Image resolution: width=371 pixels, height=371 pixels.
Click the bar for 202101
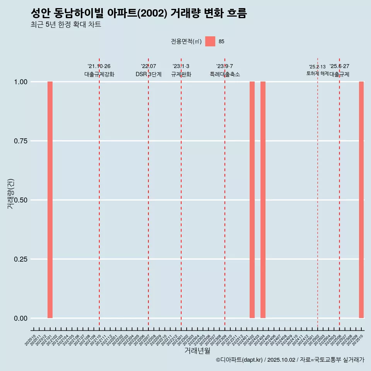point(50,200)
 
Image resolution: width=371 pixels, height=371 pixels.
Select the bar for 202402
point(252,200)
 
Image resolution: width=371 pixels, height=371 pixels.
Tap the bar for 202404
point(263,200)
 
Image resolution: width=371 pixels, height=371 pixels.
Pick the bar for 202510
point(361,200)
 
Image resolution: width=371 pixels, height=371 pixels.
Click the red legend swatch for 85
point(210,41)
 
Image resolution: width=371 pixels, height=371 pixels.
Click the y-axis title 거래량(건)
point(10,194)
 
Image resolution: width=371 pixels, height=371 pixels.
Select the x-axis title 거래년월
point(197,351)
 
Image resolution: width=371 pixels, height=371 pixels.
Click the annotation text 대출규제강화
point(99,74)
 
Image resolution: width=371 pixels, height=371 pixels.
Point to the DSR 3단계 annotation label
point(148,74)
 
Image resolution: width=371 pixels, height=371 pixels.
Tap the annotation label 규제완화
point(181,74)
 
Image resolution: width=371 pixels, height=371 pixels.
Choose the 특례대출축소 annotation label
point(225,74)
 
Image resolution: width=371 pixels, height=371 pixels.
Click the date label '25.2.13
point(317,67)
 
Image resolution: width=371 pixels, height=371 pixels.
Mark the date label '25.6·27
point(339,66)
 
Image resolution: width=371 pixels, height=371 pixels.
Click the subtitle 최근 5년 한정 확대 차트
point(66,25)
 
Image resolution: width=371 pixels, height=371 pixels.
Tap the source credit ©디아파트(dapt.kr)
point(239,360)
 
